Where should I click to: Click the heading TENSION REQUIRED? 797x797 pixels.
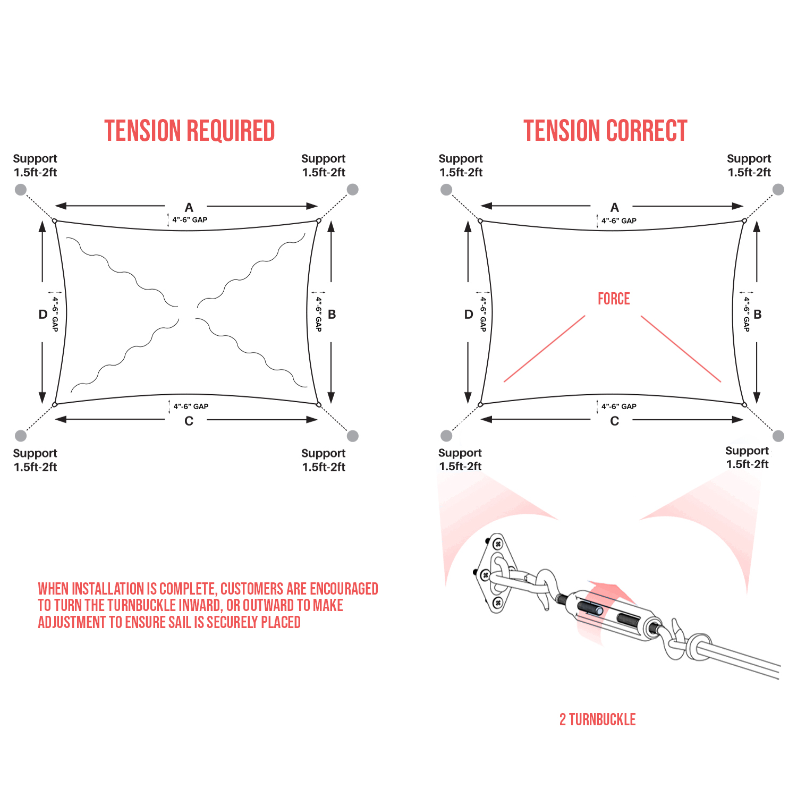[189, 131]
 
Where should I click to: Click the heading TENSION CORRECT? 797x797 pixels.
[605, 131]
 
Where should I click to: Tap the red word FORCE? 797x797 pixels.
[614, 299]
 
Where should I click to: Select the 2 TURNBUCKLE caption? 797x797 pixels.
[597, 719]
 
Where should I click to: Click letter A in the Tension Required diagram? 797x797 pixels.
[189, 208]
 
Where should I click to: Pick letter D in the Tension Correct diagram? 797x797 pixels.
[468, 315]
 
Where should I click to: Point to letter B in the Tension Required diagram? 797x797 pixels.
[332, 315]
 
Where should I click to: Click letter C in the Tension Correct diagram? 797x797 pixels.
[614, 421]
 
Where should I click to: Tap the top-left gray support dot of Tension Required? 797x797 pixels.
[21, 190]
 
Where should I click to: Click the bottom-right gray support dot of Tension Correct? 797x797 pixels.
[778, 436]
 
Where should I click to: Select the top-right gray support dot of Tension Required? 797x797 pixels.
[352, 190]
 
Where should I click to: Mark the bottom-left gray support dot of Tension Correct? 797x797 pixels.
[446, 436]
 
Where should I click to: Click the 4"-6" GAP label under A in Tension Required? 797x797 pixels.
[190, 220]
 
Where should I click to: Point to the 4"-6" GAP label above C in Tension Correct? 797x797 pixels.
[619, 406]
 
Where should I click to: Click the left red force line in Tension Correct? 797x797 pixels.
[544, 349]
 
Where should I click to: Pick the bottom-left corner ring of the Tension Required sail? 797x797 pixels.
[55, 405]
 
